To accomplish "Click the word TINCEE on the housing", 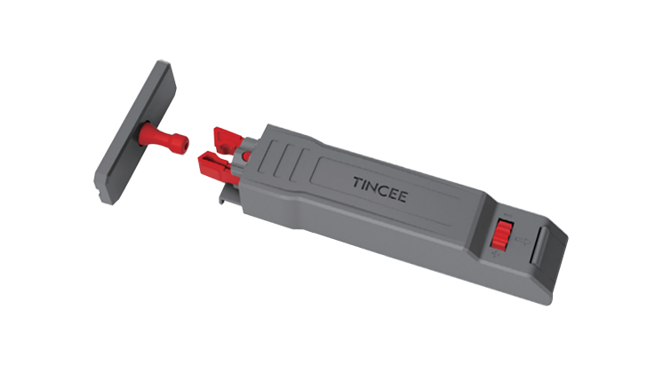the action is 380,189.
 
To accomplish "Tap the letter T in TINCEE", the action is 357,182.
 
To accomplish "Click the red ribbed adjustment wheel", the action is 502,235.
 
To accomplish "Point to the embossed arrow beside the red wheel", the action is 523,241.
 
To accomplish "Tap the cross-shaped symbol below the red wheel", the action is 496,255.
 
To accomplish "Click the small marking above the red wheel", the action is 508,216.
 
